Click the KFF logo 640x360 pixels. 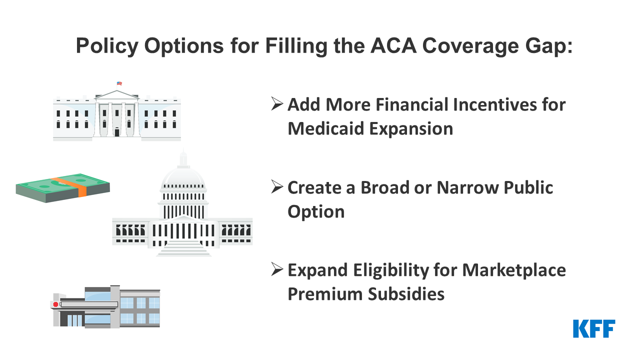pos(594,328)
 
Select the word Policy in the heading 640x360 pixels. pos(107,46)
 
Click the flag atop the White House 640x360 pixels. pos(119,83)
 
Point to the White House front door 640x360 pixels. pos(117,132)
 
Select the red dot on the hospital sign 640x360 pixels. pos(55,304)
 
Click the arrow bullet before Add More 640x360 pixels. pos(277,103)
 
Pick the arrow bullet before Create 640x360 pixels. pos(277,186)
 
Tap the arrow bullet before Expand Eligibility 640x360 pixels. pos(277,269)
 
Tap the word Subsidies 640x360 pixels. pos(406,294)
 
